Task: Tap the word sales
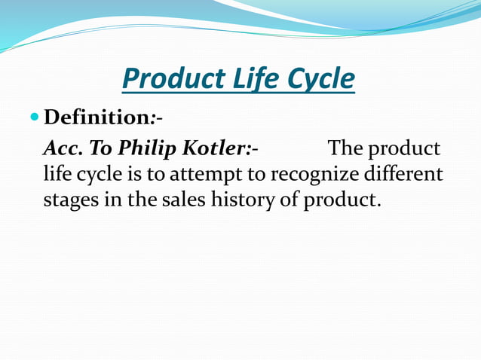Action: click(x=178, y=201)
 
